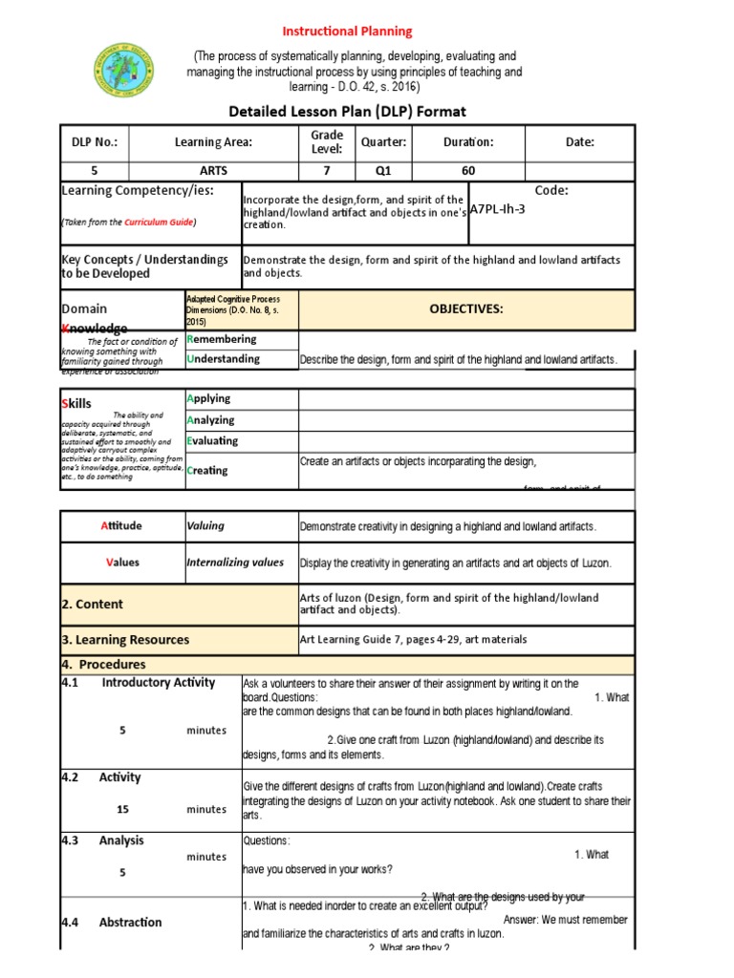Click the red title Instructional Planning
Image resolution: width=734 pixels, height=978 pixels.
coord(358,32)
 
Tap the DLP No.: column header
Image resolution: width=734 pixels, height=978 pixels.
coord(95,142)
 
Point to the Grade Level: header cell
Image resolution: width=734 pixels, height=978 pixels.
coord(326,142)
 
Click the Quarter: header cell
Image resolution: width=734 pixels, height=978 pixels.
coord(383,142)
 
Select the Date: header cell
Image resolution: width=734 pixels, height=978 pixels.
coord(579,142)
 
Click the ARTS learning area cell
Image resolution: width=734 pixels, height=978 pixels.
coord(213,171)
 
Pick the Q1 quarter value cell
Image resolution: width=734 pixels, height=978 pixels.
coord(383,171)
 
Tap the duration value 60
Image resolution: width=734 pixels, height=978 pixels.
coord(468,171)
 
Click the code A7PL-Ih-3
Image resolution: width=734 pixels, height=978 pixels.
coord(498,208)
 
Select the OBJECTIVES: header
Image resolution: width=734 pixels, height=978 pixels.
coord(465,308)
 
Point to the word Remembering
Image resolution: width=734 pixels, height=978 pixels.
coord(222,339)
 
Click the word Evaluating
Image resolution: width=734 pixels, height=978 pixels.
coord(213,441)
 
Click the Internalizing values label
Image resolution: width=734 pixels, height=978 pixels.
coord(235,563)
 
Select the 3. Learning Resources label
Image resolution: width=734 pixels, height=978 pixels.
coord(125,640)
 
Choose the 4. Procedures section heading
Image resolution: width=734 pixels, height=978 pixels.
coord(105,664)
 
